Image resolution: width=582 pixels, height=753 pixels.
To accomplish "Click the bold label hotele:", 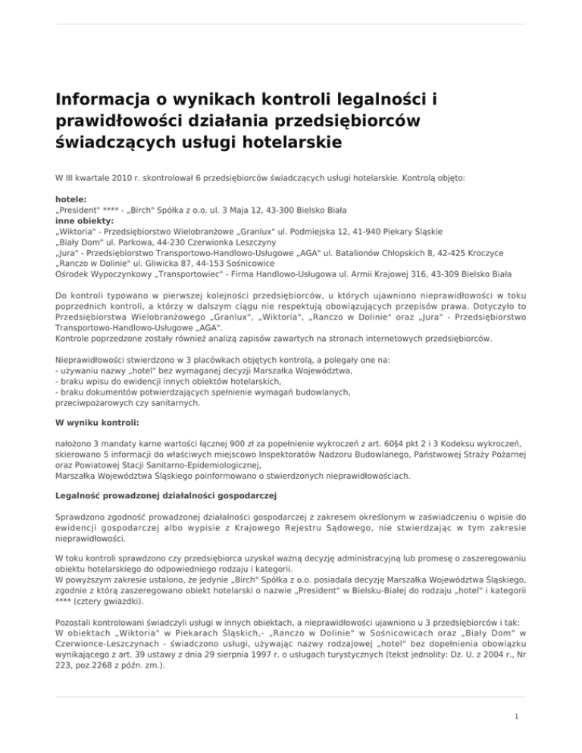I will click(x=71, y=198).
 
